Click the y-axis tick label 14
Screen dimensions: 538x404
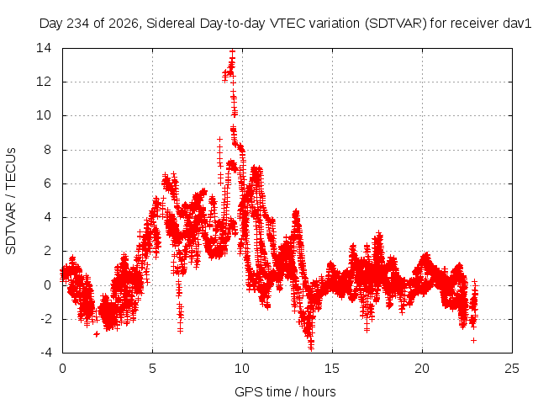[44, 48]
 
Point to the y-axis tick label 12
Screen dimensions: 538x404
[44, 82]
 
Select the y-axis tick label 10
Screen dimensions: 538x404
[44, 115]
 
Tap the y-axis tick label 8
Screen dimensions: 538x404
[47, 150]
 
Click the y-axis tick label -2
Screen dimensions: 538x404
[45, 319]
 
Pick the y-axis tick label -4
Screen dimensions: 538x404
[45, 353]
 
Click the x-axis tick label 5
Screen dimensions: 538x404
[152, 369]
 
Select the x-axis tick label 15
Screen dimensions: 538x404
[332, 369]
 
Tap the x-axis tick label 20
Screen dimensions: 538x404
[422, 369]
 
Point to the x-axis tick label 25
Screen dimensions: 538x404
[512, 369]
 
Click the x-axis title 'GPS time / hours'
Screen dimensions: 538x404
[285, 392]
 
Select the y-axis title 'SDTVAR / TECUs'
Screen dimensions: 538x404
[11, 201]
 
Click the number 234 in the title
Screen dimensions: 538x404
[78, 24]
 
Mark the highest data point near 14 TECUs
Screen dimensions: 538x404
[233, 51]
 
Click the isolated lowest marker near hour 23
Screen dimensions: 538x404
[474, 340]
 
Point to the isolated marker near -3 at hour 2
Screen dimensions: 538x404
[97, 334]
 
